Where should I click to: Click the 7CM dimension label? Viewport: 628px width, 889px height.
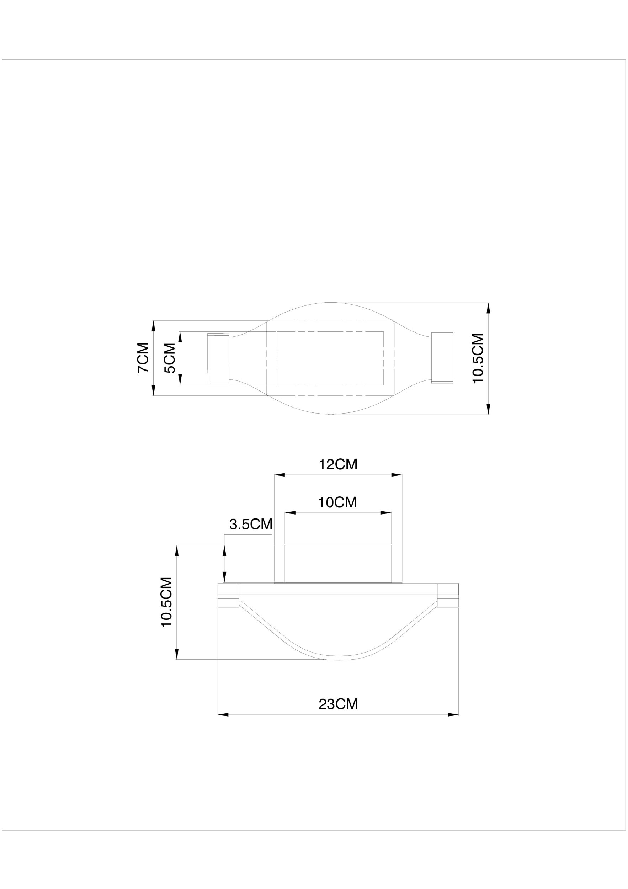tap(143, 357)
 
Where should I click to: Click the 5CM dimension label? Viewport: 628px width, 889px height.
tap(170, 358)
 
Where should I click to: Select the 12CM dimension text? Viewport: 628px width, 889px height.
tap(338, 464)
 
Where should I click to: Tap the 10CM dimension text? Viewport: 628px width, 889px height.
tap(337, 502)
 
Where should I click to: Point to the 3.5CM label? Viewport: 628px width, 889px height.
tap(251, 524)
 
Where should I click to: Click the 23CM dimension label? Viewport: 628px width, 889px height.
tap(339, 704)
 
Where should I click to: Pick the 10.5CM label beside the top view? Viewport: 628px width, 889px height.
tap(479, 358)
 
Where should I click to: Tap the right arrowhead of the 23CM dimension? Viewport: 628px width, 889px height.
tap(453, 715)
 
